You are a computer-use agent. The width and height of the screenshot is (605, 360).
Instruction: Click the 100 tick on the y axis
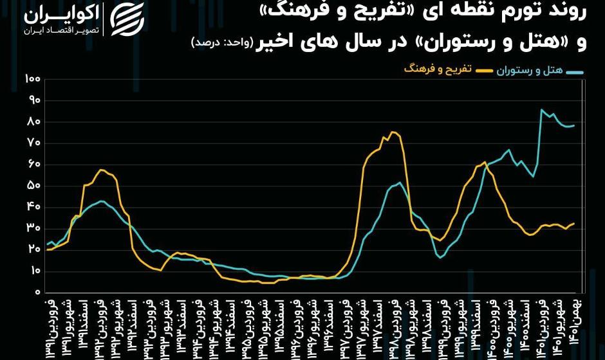click(x=32, y=78)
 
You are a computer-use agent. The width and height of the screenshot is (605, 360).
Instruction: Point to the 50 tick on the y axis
click(x=34, y=186)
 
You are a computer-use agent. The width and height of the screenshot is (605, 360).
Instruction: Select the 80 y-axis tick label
click(x=34, y=122)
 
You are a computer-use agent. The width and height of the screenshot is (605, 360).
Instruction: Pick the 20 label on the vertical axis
click(x=34, y=249)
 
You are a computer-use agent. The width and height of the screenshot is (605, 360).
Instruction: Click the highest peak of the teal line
click(x=542, y=110)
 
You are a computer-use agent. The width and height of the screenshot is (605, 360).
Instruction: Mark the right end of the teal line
click(x=574, y=125)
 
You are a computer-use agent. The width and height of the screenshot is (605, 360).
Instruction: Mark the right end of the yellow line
click(x=574, y=223)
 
